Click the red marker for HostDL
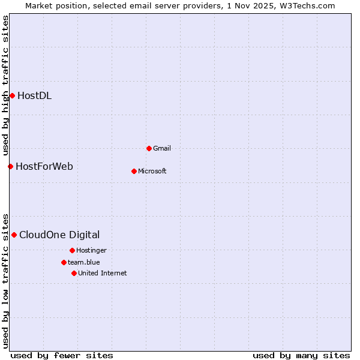(12, 95)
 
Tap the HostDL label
(34, 95)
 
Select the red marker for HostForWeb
(10, 166)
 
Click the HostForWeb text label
(44, 166)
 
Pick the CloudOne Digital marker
(14, 235)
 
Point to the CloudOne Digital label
(59, 235)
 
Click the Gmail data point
(149, 148)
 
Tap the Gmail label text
(162, 148)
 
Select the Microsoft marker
(134, 171)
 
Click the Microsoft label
(152, 171)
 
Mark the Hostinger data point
(72, 250)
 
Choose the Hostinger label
(91, 250)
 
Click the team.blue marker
(64, 262)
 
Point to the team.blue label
(84, 262)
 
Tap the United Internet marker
(74, 273)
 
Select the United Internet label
(103, 273)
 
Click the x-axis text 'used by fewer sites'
(62, 355)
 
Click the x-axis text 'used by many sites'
(301, 355)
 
